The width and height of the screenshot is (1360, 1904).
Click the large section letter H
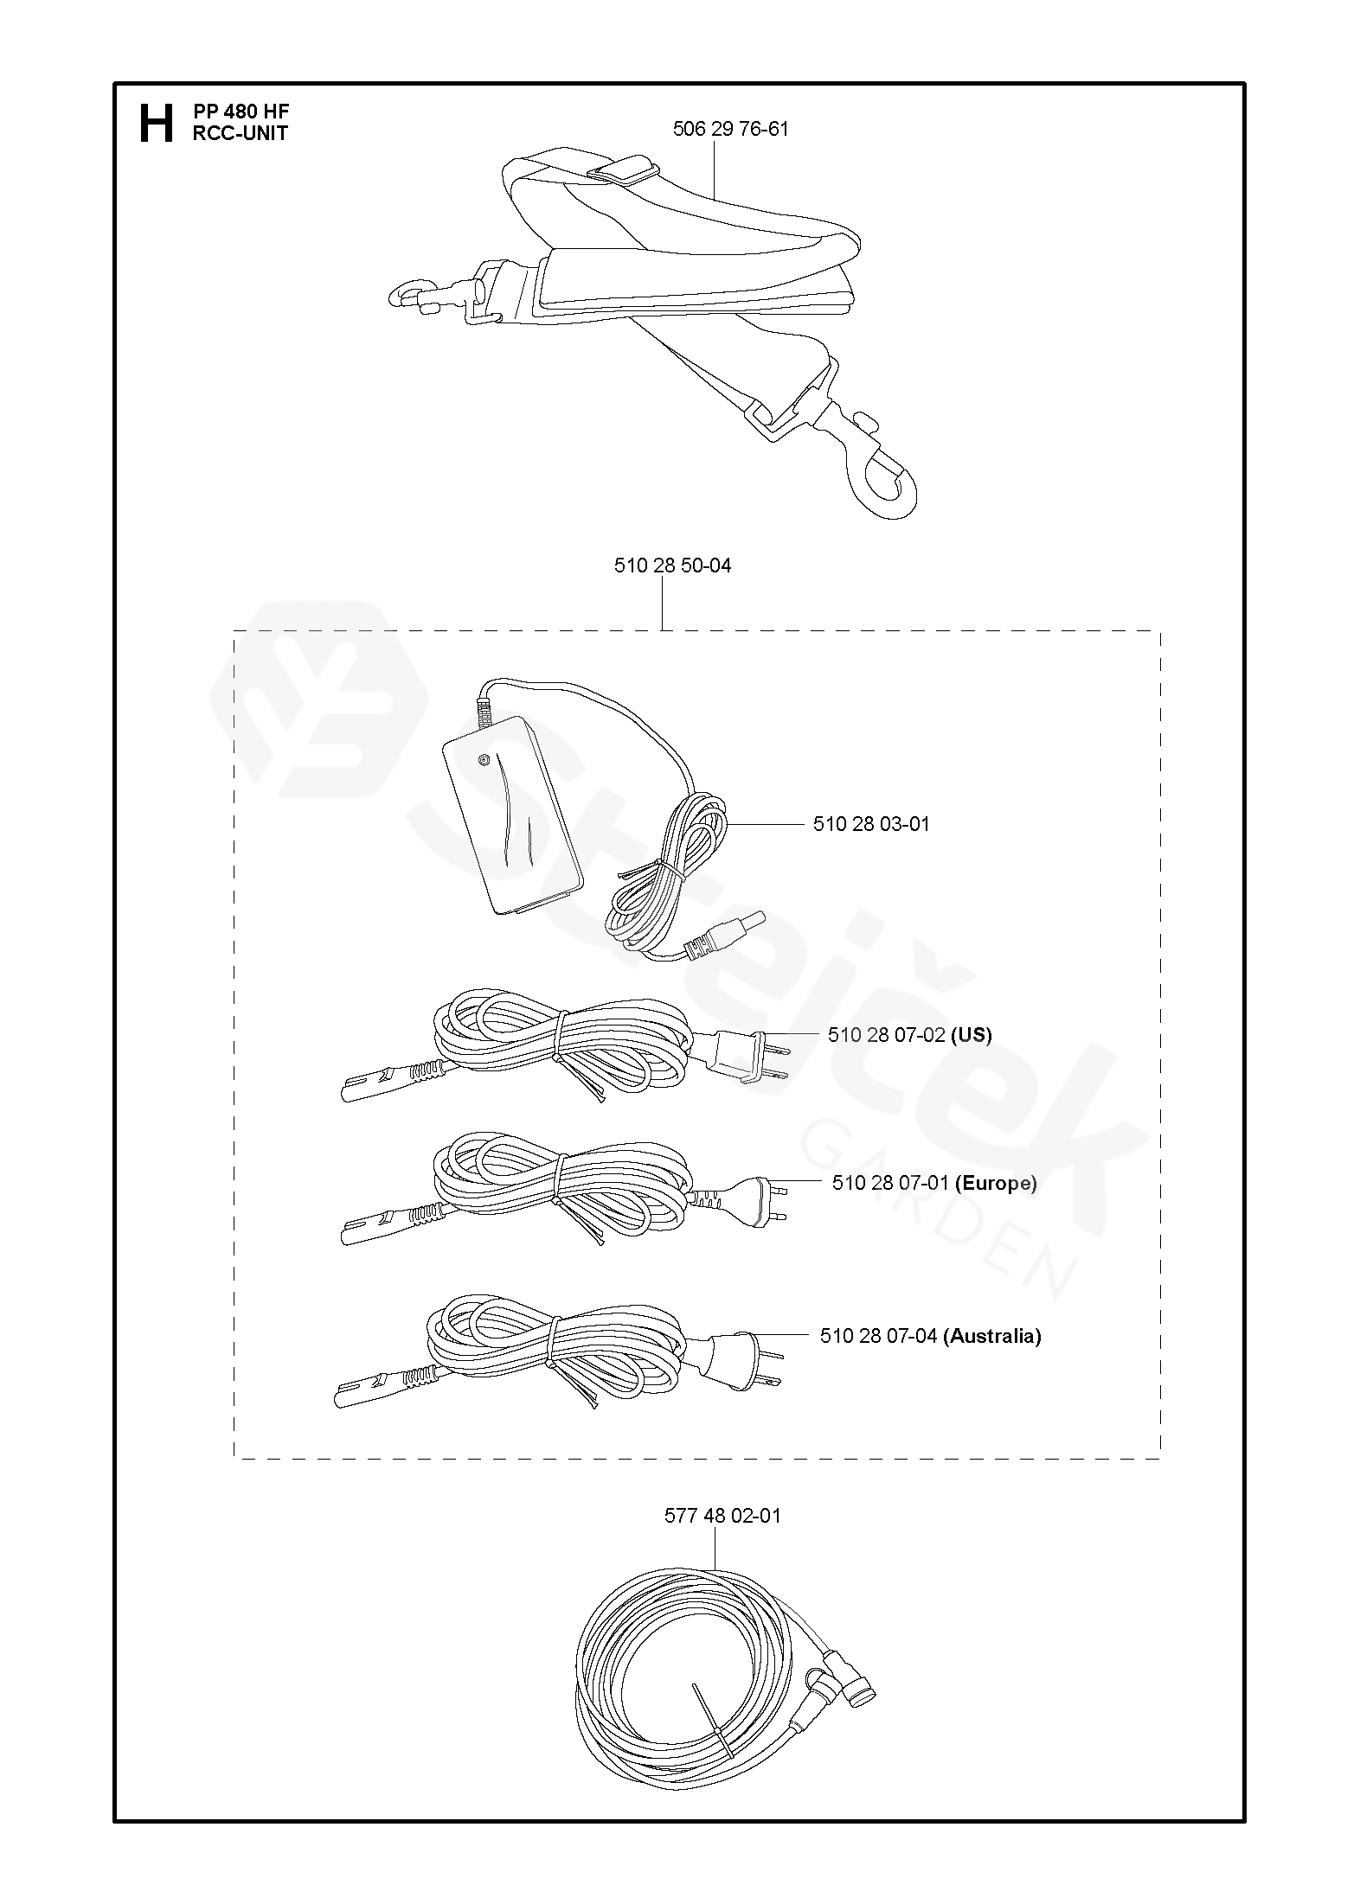(x=156, y=123)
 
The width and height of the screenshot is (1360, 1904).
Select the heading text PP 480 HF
(x=241, y=112)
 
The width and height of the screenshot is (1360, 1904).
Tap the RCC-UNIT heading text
(x=240, y=133)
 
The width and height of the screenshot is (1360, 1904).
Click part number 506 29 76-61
(x=730, y=130)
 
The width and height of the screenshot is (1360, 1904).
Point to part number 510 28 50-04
(x=672, y=565)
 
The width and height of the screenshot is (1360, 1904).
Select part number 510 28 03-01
(x=871, y=824)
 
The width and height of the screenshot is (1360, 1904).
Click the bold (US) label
(x=971, y=1035)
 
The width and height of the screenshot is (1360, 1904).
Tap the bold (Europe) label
(x=995, y=1183)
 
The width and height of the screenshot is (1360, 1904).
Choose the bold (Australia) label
(x=991, y=1336)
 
